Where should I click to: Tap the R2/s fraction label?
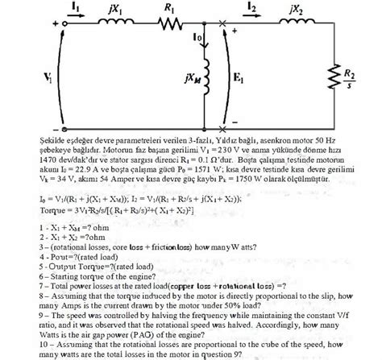click(372, 78)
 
